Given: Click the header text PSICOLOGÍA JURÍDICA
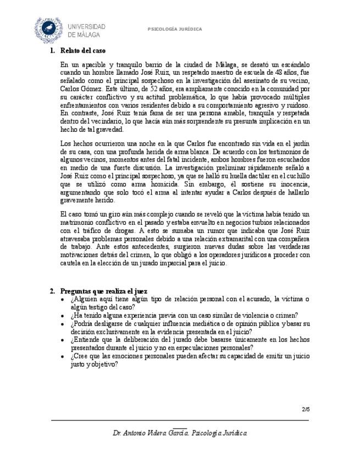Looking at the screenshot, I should point(175,29).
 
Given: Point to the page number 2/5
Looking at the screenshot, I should point(306,409).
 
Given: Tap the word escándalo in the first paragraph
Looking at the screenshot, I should point(296,65).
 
